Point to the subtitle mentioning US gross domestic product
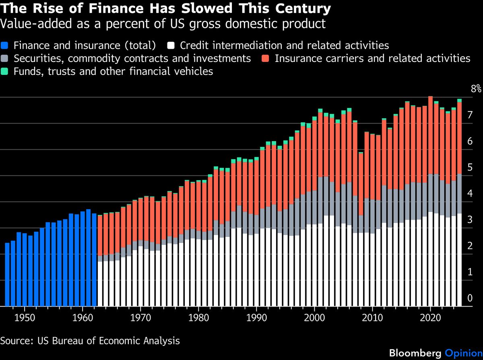coord(163,24)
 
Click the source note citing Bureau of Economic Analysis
coord(90,341)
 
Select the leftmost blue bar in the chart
coord(7,274)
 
